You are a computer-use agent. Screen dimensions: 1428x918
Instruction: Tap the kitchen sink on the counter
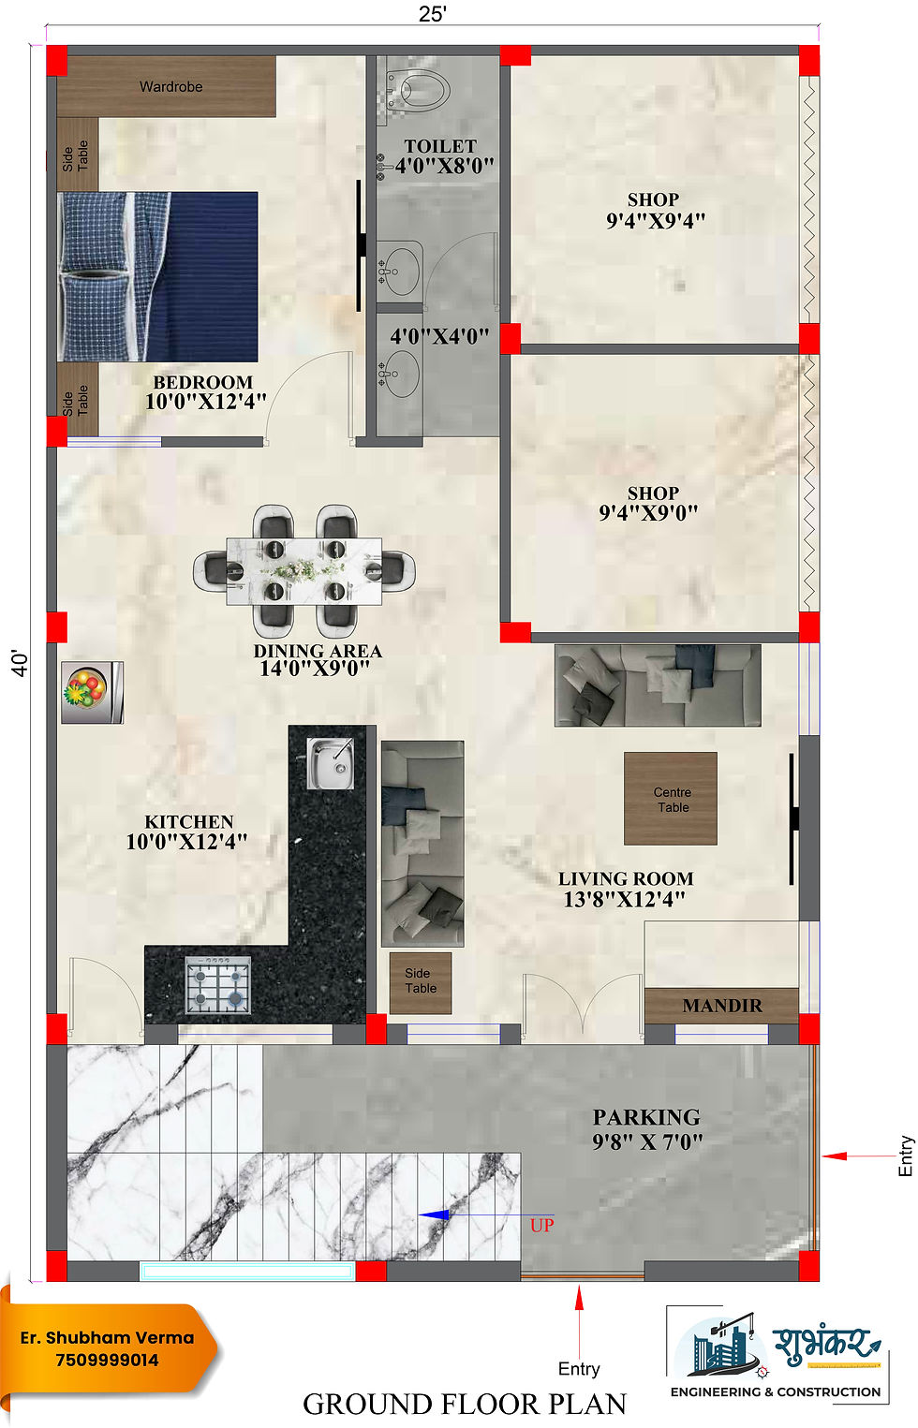click(330, 762)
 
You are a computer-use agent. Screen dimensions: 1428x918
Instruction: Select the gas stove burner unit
click(218, 985)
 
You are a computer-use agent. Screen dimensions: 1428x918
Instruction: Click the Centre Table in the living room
click(671, 799)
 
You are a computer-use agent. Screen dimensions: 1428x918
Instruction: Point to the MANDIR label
click(721, 1006)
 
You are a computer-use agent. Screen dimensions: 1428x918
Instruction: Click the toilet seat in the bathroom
click(422, 91)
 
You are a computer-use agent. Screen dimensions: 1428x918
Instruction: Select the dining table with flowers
click(304, 570)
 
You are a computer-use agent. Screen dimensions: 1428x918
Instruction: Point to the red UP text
click(541, 1225)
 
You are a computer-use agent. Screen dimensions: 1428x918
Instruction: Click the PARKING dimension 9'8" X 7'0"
click(646, 1141)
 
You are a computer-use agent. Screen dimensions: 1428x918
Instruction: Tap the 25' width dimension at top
click(432, 14)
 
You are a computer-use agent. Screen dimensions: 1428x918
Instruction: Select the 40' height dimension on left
click(20, 663)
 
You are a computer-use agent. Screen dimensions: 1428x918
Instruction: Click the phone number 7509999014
click(107, 1360)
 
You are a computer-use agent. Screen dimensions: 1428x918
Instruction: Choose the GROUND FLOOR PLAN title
click(464, 1404)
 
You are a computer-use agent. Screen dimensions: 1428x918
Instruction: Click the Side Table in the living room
click(421, 982)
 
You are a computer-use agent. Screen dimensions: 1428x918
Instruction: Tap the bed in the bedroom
click(157, 276)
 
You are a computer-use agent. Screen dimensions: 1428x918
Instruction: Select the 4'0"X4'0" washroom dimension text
click(439, 336)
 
